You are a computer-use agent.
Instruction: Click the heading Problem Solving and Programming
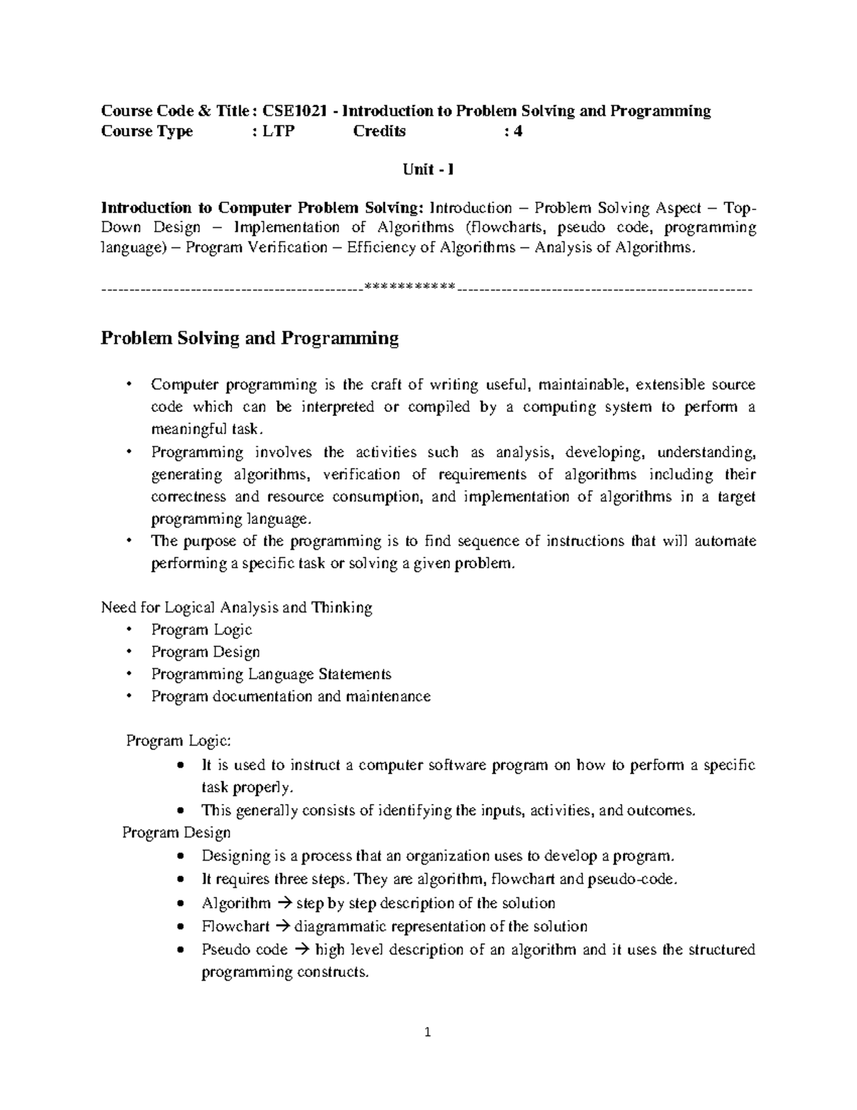tap(249, 338)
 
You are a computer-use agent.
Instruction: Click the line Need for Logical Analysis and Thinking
tap(236, 608)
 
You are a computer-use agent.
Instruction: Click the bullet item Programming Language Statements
tap(271, 674)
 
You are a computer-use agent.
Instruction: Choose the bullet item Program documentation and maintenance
tap(291, 696)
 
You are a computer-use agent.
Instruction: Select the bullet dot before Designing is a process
tap(184, 856)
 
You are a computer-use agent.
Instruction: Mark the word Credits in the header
tap(379, 132)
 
